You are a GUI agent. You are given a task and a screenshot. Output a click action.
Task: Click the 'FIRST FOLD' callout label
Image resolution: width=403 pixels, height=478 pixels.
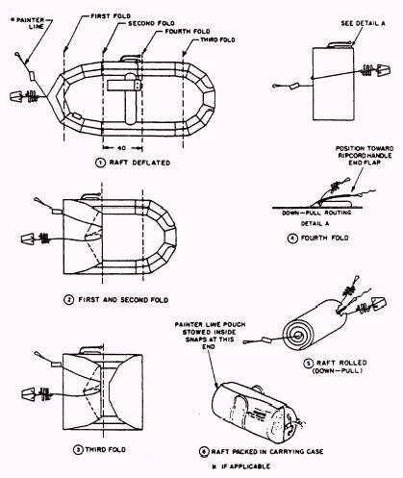click(111, 15)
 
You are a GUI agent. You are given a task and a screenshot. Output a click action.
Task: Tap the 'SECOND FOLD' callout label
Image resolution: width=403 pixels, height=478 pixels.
click(151, 23)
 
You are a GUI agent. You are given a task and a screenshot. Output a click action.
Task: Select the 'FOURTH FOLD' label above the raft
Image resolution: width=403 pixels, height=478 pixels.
click(188, 32)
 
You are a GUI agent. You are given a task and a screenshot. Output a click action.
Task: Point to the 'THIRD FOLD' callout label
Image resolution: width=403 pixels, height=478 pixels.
click(217, 39)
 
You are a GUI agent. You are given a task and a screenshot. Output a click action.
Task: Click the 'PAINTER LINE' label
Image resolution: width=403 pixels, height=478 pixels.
click(30, 23)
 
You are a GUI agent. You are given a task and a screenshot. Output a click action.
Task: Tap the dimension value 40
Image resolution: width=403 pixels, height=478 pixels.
click(122, 148)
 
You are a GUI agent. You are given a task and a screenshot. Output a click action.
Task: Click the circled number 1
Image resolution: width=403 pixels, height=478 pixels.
click(100, 163)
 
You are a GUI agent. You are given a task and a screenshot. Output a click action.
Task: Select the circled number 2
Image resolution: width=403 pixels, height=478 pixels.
click(69, 300)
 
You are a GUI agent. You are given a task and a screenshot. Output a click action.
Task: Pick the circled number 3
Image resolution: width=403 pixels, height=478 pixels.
click(78, 449)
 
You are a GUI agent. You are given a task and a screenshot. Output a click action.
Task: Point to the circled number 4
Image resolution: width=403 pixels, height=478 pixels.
click(292, 239)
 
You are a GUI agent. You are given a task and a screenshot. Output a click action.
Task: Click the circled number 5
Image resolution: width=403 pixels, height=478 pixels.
click(308, 364)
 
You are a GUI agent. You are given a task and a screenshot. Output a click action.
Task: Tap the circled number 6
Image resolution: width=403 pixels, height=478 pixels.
click(204, 452)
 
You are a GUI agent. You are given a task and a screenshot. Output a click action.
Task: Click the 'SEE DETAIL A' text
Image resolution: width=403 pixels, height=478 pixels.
click(363, 23)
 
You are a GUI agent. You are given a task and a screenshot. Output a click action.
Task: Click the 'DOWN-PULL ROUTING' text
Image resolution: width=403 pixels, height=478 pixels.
click(316, 213)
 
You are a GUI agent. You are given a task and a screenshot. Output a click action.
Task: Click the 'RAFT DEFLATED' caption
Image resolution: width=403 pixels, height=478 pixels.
click(139, 163)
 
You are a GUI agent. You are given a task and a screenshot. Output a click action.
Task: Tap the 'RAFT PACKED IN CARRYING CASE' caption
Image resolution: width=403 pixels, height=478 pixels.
click(267, 452)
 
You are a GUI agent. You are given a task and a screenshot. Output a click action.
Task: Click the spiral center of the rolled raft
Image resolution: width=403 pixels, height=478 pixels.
click(297, 336)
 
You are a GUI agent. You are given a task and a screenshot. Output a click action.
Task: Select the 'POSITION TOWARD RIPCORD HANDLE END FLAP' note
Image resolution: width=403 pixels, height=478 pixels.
click(365, 156)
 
